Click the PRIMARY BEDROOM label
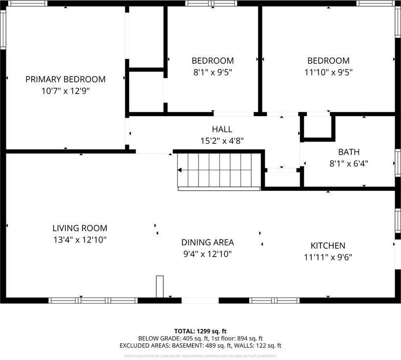click(x=65, y=79)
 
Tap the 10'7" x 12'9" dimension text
click(x=65, y=91)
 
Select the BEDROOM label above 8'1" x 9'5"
click(x=212, y=61)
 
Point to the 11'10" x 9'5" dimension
click(x=328, y=72)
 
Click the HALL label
click(x=222, y=129)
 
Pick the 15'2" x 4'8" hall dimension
click(x=222, y=140)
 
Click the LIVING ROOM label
click(x=80, y=228)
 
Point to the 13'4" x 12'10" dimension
click(x=80, y=240)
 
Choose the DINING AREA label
click(x=207, y=242)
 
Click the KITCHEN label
click(x=328, y=246)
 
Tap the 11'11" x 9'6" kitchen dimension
click(x=328, y=257)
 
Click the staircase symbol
click(x=217, y=170)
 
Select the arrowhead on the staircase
click(x=180, y=170)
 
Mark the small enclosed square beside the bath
click(x=318, y=126)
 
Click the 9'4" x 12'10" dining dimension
click(x=207, y=254)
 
